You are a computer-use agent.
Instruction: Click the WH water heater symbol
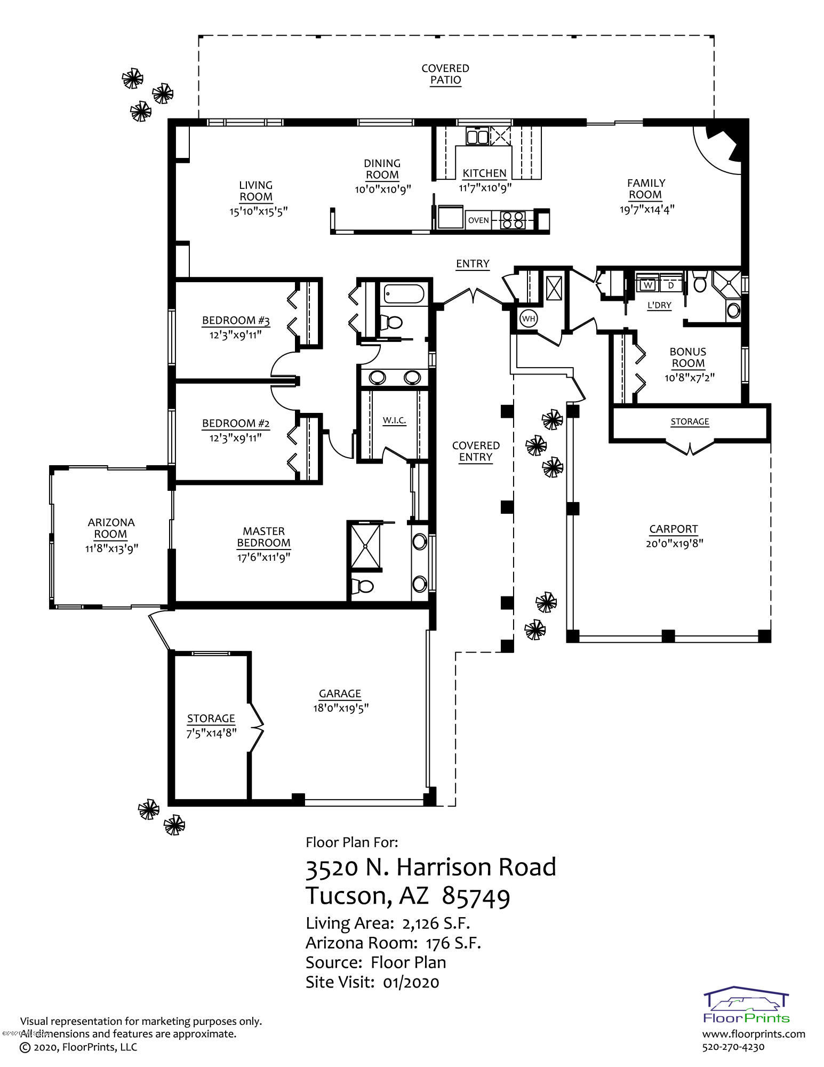click(x=529, y=318)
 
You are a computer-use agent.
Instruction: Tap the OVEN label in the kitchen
click(x=478, y=220)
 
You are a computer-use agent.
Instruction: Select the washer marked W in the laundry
click(x=648, y=285)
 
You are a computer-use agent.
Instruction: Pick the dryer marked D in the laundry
click(x=671, y=285)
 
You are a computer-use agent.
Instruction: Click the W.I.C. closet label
click(x=394, y=420)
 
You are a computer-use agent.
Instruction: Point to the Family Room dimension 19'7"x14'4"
click(x=647, y=209)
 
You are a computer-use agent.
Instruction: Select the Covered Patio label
click(x=445, y=74)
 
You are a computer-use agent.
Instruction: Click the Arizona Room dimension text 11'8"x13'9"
click(x=111, y=548)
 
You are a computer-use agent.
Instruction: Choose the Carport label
click(x=674, y=529)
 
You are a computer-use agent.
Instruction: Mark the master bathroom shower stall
click(x=365, y=546)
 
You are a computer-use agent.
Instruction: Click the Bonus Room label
click(x=688, y=357)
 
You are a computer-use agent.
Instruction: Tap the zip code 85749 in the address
click(x=476, y=897)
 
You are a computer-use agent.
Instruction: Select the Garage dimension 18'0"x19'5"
click(x=341, y=708)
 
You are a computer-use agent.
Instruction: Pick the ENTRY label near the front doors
click(x=473, y=264)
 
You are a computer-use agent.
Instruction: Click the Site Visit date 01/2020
click(x=411, y=982)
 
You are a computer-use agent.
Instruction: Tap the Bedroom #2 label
click(x=236, y=424)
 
